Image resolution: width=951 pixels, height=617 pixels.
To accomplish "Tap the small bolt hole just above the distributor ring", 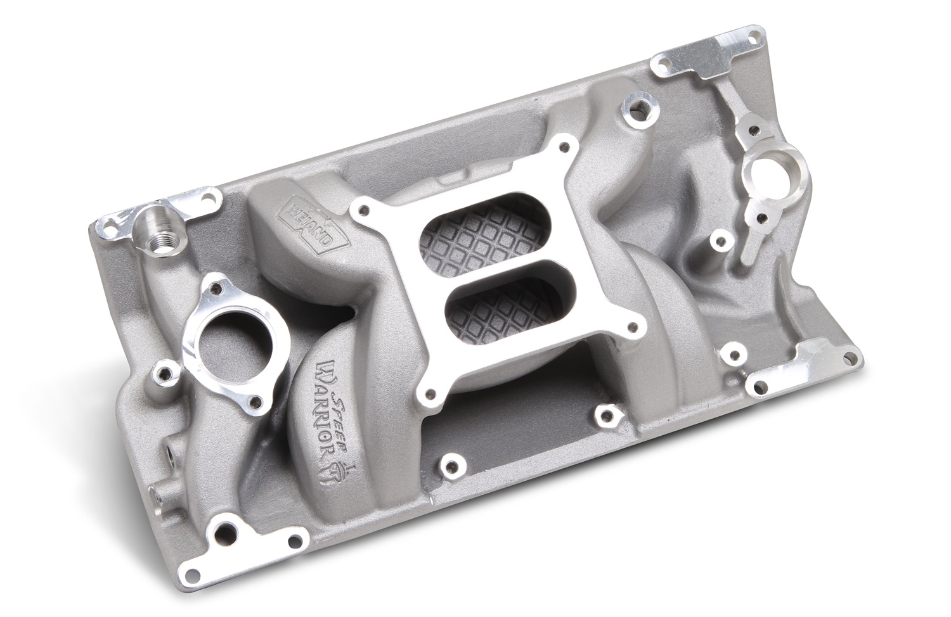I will (753, 130).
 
